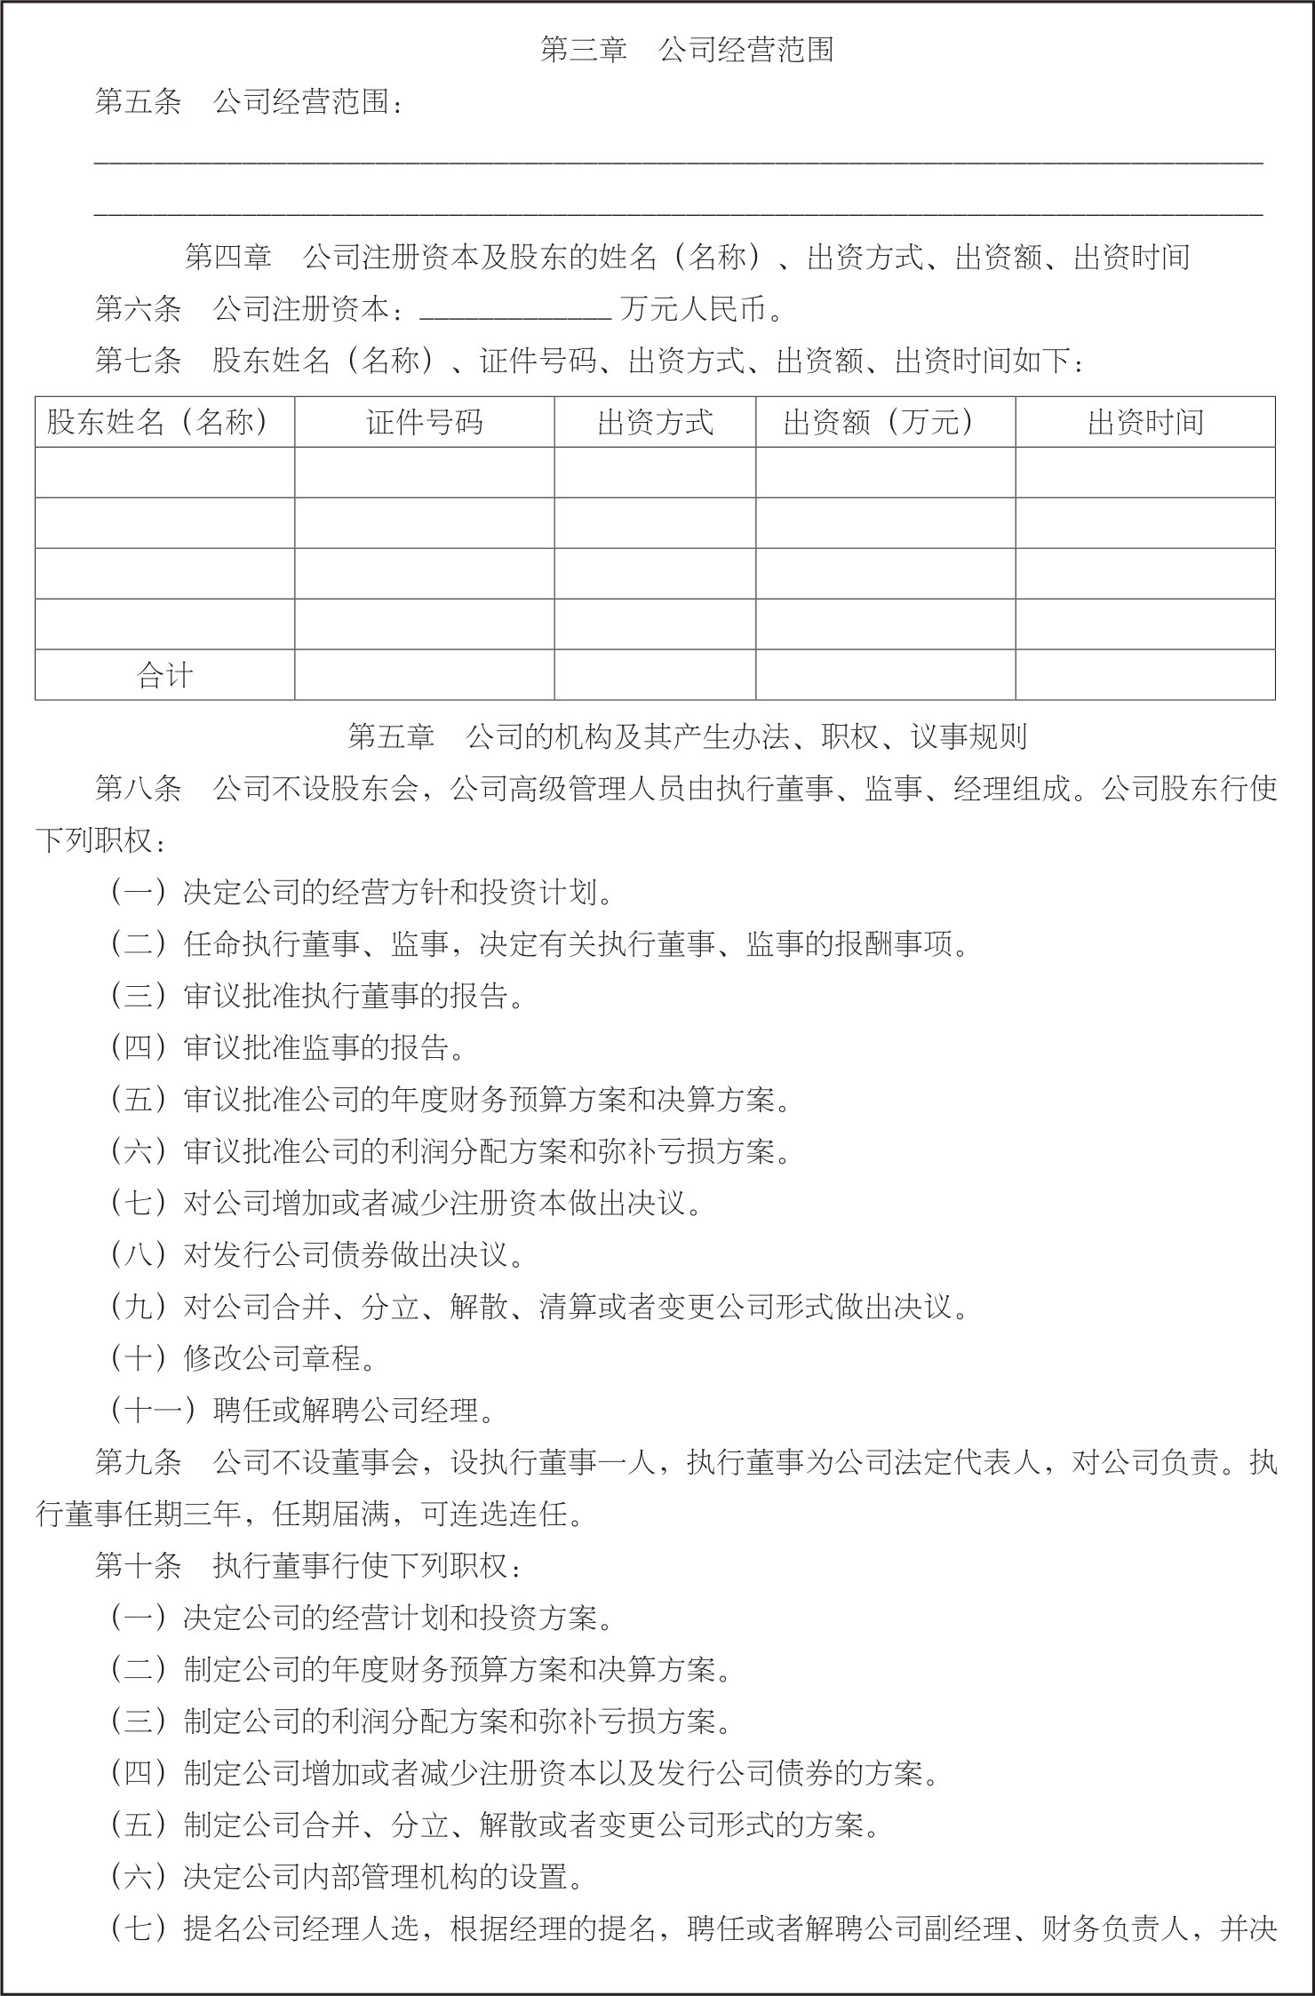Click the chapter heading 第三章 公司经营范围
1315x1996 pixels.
click(x=687, y=51)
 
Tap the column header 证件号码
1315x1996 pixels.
click(x=425, y=422)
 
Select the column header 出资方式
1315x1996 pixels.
click(x=655, y=422)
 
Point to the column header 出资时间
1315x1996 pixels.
click(x=1145, y=422)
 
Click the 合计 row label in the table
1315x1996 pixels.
click(x=165, y=675)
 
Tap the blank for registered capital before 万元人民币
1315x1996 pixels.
click(x=514, y=310)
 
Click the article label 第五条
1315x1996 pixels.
click(x=138, y=103)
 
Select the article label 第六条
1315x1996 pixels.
click(x=138, y=310)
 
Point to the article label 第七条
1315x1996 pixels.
click(x=138, y=362)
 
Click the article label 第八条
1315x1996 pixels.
click(x=138, y=789)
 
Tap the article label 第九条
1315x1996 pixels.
click(x=138, y=1462)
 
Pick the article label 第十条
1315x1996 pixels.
click(x=138, y=1566)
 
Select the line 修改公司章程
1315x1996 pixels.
click(x=280, y=1359)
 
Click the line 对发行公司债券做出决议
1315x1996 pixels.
click(x=354, y=1255)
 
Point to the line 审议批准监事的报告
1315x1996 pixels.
click(x=324, y=1048)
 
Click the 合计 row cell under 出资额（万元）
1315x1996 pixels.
click(x=885, y=675)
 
